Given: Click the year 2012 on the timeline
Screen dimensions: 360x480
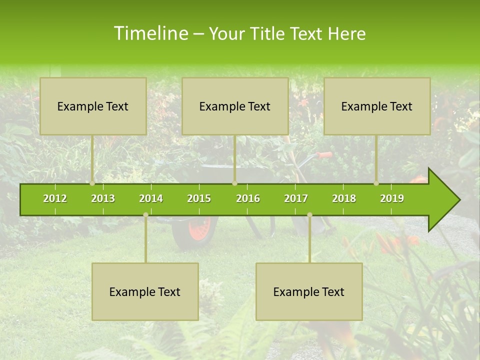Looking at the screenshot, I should [x=55, y=198].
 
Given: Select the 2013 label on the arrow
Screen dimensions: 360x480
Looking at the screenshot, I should [x=103, y=198].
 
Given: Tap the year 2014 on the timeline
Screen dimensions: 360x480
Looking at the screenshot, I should [x=151, y=198].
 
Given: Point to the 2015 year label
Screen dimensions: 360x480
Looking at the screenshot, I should [x=199, y=198].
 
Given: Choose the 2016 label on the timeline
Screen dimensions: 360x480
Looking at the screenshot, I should [x=248, y=198].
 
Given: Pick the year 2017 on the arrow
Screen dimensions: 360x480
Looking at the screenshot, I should [x=296, y=198].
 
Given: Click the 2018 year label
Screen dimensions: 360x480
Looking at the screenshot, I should [x=344, y=198].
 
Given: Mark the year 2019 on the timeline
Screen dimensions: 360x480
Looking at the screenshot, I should [x=392, y=198].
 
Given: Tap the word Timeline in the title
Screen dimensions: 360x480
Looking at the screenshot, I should [x=150, y=33].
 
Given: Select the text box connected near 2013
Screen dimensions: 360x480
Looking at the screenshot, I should [x=93, y=106].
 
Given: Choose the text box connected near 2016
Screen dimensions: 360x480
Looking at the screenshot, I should [x=235, y=106].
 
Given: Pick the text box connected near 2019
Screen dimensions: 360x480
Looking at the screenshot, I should [x=377, y=106].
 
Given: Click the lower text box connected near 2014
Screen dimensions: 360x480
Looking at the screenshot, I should [x=145, y=291].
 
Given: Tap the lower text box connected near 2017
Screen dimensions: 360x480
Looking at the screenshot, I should [x=309, y=291].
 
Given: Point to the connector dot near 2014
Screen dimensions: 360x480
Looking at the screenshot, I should [x=145, y=214].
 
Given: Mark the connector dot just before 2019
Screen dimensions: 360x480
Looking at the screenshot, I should [x=376, y=183].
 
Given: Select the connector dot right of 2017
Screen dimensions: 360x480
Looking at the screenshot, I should [x=309, y=214].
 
